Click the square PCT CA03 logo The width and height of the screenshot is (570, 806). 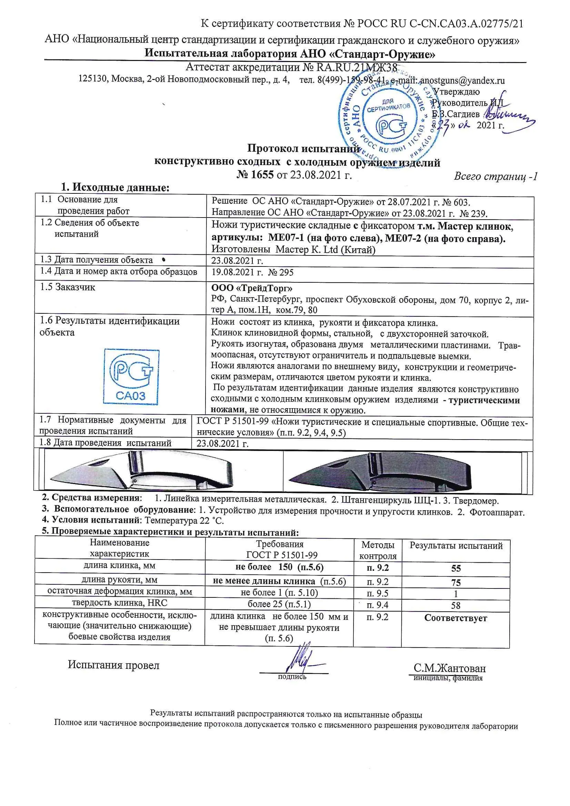pos(131,377)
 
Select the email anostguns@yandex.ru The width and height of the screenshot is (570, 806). pos(462,81)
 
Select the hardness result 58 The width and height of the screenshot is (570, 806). pos(456,606)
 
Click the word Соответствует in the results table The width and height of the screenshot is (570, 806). pos(456,618)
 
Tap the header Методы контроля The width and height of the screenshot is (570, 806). pos(378,551)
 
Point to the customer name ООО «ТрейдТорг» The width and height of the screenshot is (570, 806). pos(251,288)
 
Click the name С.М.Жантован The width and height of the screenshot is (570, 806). pos(450,668)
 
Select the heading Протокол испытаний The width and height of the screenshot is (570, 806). pos(304,148)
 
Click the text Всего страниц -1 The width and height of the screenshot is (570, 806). pos(496,176)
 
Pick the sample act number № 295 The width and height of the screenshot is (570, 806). pos(281,273)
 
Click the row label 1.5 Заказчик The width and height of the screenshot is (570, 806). pos(68,287)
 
